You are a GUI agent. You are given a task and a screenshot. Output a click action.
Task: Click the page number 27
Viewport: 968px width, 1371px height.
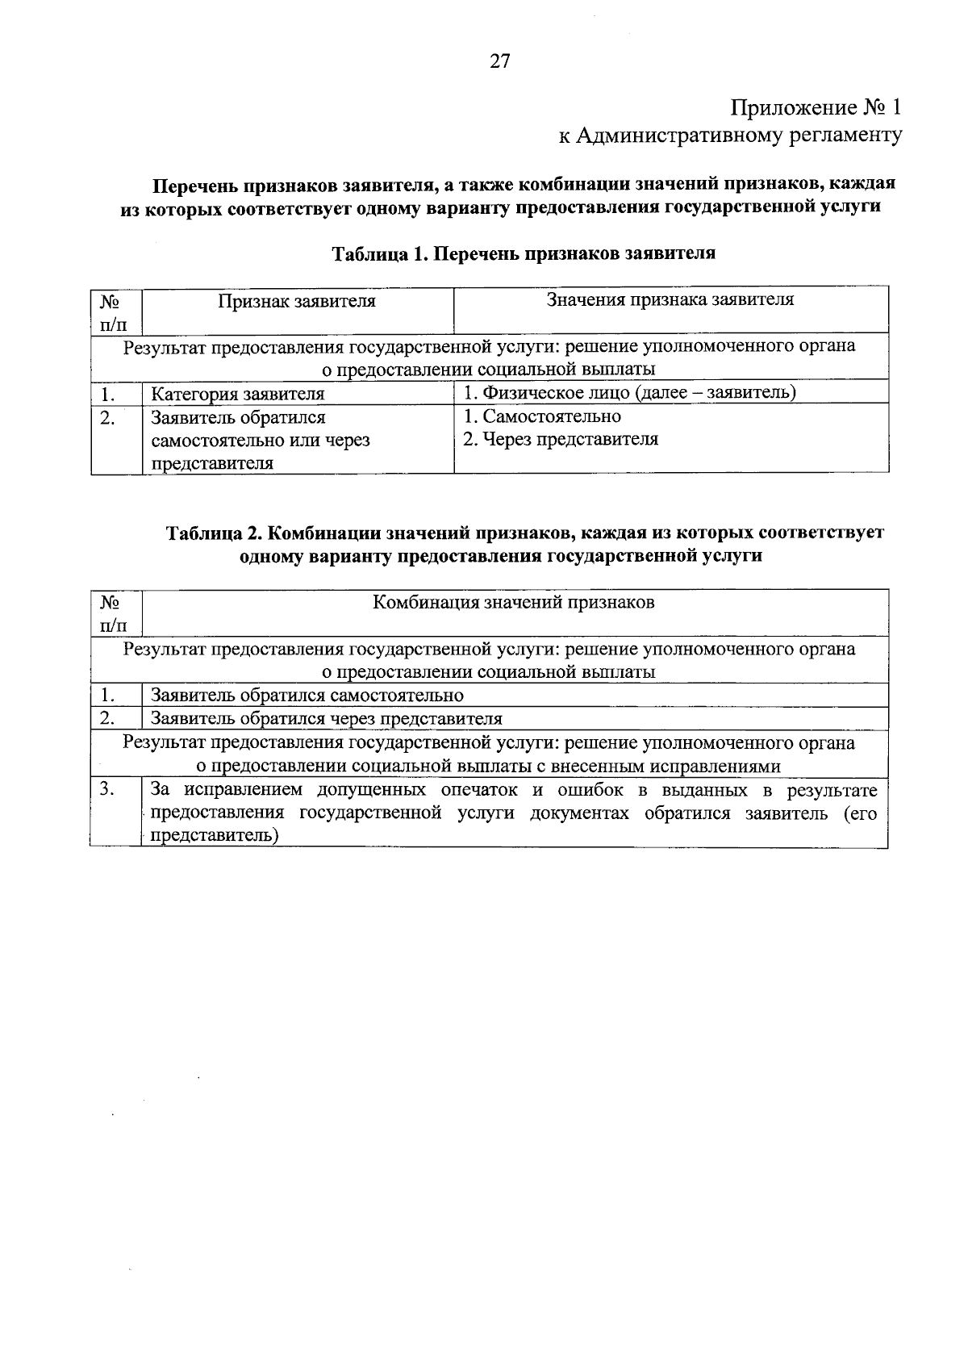point(499,61)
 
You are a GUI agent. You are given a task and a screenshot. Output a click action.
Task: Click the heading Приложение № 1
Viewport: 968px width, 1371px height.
point(815,107)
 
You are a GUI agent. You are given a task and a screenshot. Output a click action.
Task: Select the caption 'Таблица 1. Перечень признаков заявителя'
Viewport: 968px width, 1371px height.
point(524,253)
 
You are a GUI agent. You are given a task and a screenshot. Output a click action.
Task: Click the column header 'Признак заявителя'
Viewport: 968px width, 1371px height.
point(297,302)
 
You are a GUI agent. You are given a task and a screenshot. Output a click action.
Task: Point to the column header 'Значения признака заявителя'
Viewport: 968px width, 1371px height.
point(670,300)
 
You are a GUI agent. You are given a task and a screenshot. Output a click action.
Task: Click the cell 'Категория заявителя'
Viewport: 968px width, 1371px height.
point(238,394)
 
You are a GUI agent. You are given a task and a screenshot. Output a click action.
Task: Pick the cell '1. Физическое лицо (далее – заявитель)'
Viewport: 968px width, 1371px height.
point(630,392)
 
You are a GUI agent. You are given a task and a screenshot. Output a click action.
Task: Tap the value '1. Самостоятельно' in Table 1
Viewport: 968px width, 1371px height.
point(542,416)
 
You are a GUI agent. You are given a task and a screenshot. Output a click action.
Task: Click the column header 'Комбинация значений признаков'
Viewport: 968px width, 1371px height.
point(514,603)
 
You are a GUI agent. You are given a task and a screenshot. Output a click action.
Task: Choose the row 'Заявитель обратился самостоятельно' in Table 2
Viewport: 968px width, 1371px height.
point(307,695)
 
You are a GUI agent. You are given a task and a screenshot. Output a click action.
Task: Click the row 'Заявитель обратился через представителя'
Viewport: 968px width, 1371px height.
point(327,718)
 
